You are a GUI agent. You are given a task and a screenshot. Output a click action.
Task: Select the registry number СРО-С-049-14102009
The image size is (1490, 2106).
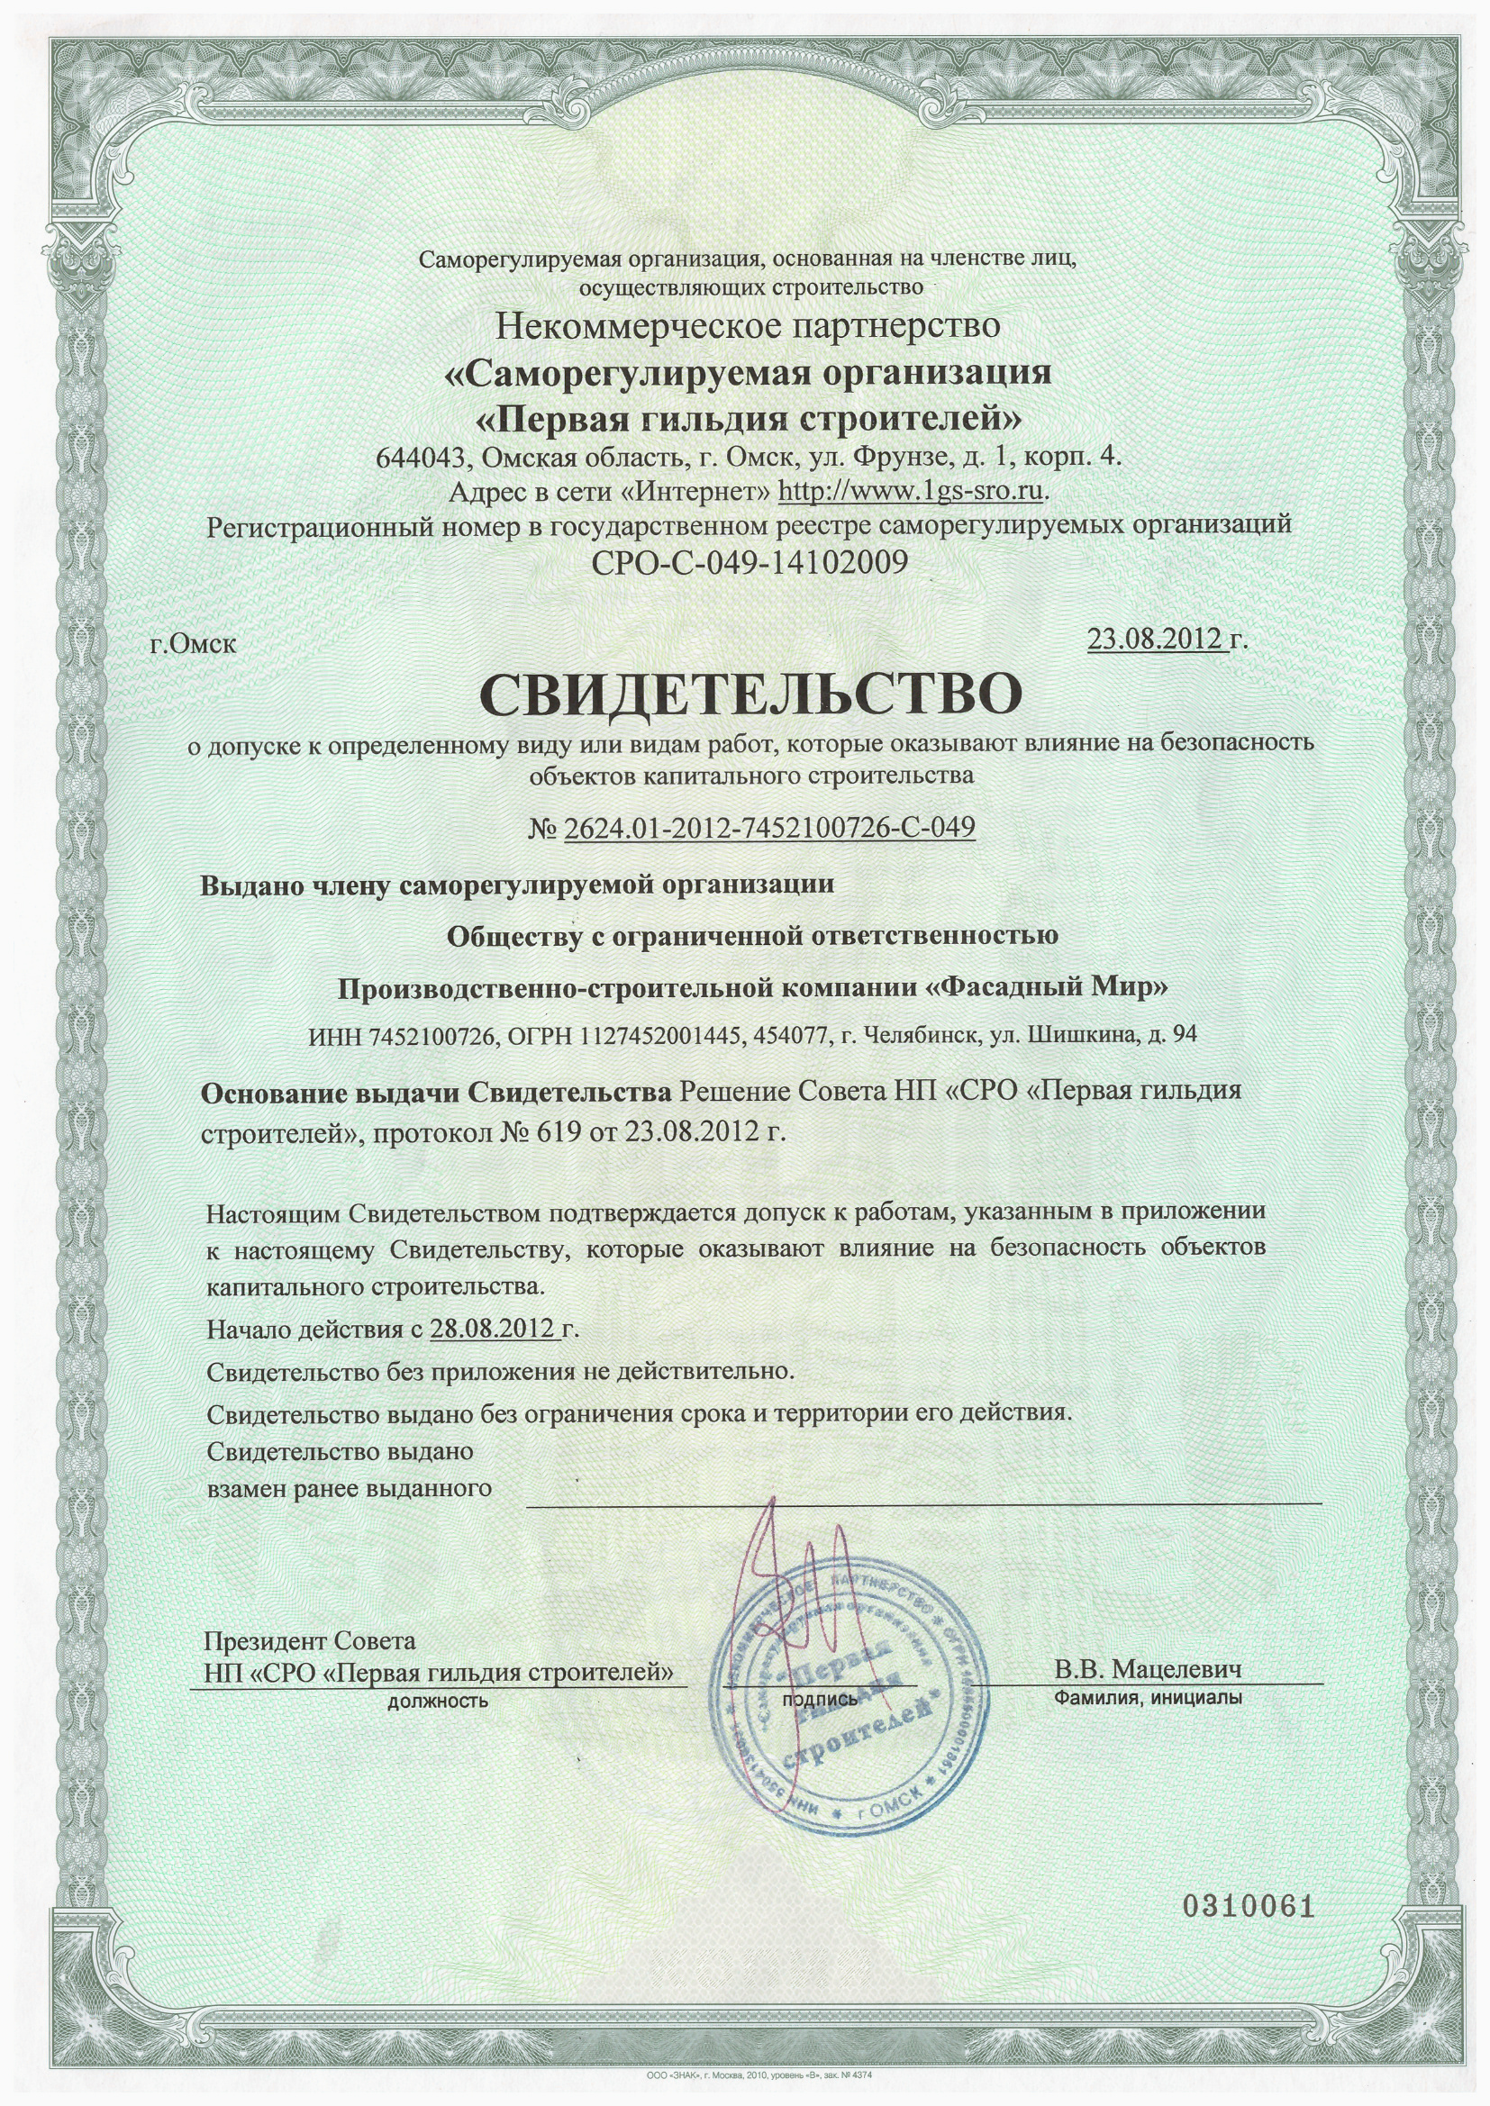[x=750, y=560]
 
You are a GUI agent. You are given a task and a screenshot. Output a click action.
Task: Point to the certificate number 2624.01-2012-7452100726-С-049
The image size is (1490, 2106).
[x=768, y=829]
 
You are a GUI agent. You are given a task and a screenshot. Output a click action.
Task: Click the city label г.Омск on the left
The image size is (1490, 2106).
[x=193, y=643]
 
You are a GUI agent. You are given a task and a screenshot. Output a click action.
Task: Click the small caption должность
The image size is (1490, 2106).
[x=438, y=1702]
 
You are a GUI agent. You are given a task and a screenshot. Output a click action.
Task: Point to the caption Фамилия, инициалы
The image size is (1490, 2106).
[x=1149, y=1698]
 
